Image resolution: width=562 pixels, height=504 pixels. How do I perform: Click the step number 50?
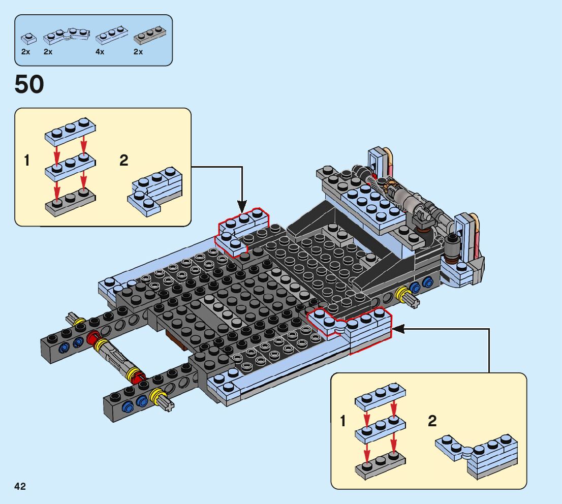pos(29,84)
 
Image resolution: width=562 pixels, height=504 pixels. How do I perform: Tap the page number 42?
pos(20,487)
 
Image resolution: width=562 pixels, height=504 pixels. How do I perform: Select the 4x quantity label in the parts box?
pos(100,52)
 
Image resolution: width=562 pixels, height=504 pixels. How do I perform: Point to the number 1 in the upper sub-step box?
pos(26,161)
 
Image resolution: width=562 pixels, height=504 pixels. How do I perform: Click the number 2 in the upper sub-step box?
pos(123,161)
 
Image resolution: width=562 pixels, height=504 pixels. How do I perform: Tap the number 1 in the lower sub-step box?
pos(344,421)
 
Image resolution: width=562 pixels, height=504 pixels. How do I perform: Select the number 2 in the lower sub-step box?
pos(432,421)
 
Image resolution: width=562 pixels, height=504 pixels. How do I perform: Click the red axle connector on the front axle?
pos(92,339)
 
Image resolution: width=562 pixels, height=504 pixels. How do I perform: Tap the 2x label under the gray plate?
pos(138,52)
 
